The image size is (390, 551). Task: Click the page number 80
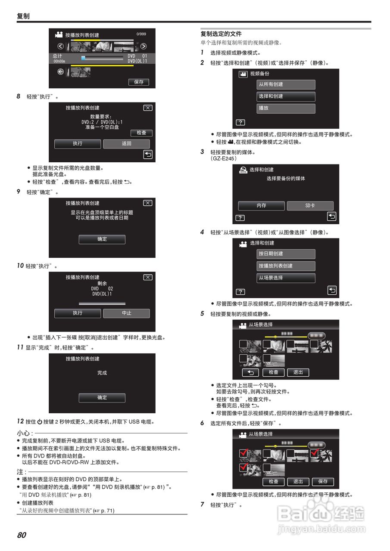coord(22,535)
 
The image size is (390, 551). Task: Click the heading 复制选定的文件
coord(221,34)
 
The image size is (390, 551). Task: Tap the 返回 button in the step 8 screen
coord(126,144)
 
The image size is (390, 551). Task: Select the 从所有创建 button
coord(286,85)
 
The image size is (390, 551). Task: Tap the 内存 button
coord(261,206)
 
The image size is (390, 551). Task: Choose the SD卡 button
coord(310,206)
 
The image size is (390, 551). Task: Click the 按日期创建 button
coord(286,254)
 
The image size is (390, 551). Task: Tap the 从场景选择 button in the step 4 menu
coord(286,278)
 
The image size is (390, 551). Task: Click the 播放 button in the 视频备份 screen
coord(286,108)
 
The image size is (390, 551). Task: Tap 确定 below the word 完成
coord(102,398)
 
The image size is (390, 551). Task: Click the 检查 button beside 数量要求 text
coord(141,133)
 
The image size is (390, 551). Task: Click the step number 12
coord(20,421)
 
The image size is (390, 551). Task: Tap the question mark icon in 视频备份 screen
coord(240,123)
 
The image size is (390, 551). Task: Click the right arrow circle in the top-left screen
coord(144,46)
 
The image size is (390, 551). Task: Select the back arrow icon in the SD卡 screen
coord(331,217)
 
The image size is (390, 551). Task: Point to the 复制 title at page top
coord(23,16)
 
